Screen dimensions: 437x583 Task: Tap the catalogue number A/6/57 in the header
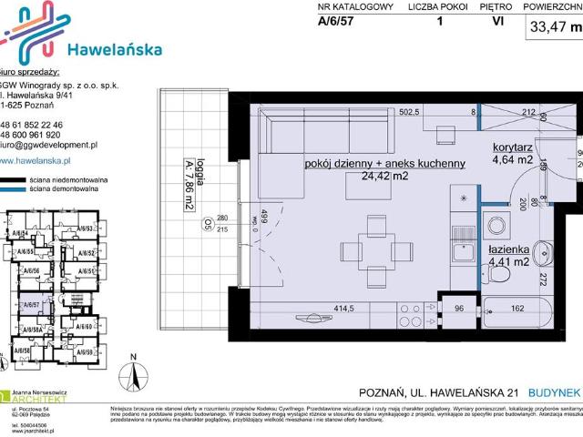pyautogui.click(x=337, y=25)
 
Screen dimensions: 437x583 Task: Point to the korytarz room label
pyautogui.click(x=515, y=147)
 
